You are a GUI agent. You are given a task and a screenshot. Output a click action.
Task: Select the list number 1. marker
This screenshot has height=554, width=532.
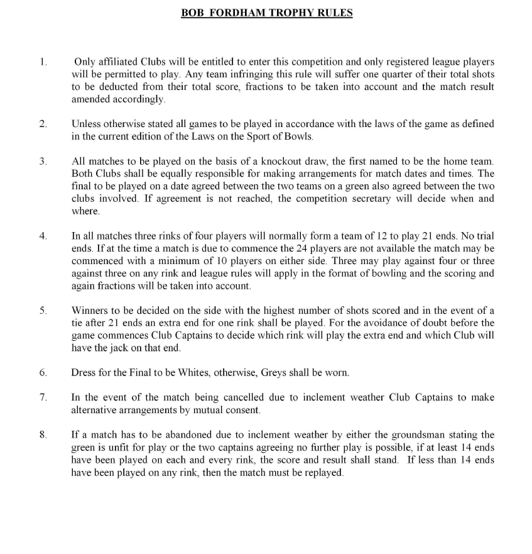coord(43,62)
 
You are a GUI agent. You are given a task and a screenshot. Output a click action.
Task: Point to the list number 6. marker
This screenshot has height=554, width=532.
coord(43,373)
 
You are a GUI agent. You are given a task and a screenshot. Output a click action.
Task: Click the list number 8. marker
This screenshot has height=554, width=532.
coord(43,435)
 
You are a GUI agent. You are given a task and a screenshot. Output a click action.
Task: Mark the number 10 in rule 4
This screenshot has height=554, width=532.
coord(214,261)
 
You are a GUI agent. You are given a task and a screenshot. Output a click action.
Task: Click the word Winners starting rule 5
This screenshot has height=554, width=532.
coord(89,311)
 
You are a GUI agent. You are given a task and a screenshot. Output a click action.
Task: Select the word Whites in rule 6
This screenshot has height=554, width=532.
coord(193,373)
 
